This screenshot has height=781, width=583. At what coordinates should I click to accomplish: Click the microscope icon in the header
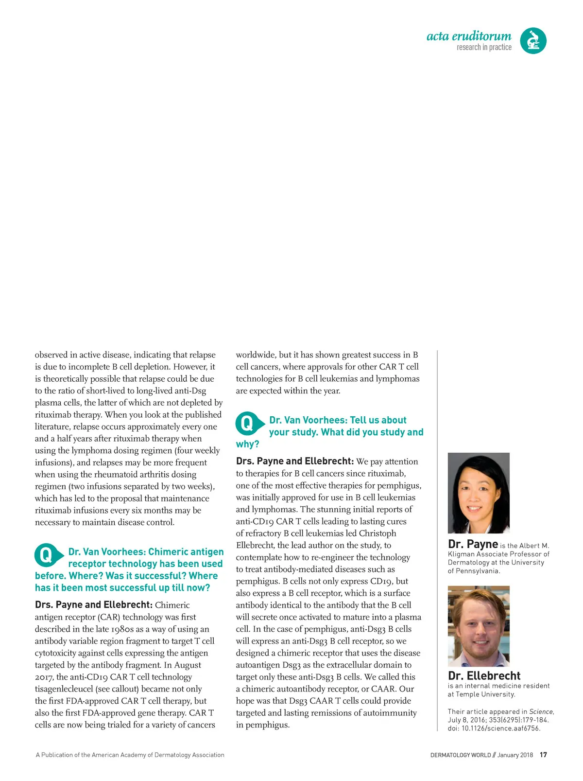pos(533,40)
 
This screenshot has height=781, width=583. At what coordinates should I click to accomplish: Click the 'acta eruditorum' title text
pos(469,36)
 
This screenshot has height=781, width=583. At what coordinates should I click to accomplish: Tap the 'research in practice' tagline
pos(484,47)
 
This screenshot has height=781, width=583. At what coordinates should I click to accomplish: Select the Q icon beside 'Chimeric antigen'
pos(47,555)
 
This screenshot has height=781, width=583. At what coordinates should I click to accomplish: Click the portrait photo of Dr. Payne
pos(479,493)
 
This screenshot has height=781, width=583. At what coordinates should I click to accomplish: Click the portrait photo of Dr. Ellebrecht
pos(479,626)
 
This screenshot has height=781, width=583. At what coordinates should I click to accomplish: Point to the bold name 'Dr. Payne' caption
pos(473,544)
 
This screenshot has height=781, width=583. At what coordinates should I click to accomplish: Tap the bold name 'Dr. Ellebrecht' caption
pos(484,675)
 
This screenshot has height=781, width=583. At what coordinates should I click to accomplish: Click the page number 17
pos(543,755)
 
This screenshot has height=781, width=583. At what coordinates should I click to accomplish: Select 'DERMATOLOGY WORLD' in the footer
pos(461,755)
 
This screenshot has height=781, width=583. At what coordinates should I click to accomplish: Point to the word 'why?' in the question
pos(247,444)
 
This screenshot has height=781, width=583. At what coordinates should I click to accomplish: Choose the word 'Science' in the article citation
pos(541,711)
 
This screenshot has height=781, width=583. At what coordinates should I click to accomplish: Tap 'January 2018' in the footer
pos(515,755)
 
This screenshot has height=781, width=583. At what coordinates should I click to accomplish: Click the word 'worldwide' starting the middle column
pos(256,355)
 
